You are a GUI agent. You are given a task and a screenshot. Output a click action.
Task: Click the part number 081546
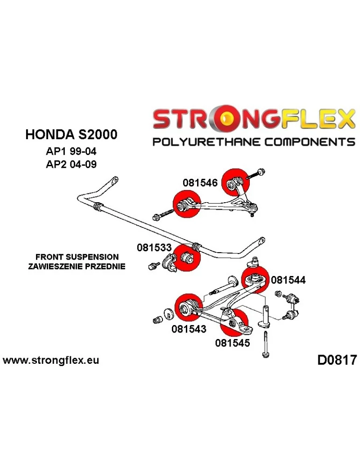200,183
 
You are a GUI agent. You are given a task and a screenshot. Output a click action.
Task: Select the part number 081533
154,247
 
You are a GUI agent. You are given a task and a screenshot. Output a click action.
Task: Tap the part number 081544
288,280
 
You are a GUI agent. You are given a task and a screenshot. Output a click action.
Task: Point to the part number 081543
189,329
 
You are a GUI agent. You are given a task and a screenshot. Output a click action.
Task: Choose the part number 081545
233,343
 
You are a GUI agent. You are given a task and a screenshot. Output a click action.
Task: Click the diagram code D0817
337,361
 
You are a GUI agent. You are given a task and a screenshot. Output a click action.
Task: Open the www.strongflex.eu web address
51,361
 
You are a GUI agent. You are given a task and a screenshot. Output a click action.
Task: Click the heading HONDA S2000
71,135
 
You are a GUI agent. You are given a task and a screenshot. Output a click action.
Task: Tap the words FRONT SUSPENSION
77,257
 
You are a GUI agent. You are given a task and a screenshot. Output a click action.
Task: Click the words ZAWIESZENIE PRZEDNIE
77,266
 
